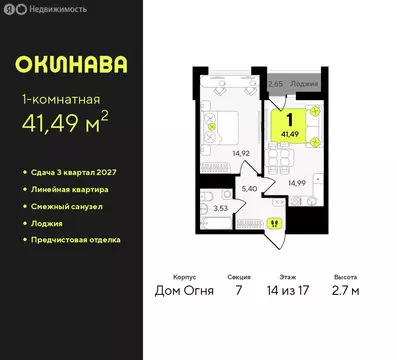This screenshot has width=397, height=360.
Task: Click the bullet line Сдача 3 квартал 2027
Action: point(78,173)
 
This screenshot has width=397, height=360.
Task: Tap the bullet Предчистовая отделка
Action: point(76,240)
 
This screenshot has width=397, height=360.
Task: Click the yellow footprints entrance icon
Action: point(276,224)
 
